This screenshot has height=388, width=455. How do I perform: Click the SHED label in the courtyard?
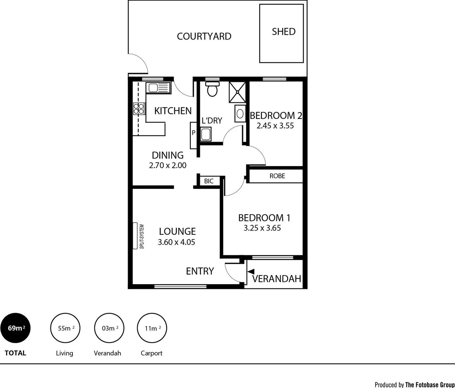283,32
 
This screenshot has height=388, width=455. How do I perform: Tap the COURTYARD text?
204,36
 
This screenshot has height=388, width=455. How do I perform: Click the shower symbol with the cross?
238,92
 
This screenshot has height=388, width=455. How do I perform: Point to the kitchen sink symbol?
157,88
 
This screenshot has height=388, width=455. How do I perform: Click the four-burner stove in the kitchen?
139,108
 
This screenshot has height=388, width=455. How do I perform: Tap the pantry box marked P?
193,133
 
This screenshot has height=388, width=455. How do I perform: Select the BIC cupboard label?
209,181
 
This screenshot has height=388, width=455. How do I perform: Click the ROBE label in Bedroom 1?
277,176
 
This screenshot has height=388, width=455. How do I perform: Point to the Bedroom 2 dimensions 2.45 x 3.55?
275,126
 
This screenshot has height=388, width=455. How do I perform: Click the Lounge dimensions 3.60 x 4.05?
176,242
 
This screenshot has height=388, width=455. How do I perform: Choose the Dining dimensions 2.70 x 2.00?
168,166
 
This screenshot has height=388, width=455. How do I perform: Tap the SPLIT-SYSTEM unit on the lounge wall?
135,236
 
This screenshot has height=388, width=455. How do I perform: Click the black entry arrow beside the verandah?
251,272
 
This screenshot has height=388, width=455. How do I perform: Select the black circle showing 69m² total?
15,328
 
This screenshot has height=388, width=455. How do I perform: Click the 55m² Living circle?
65,328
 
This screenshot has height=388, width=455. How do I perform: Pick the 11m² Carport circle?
152,328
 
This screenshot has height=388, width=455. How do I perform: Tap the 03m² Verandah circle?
109,328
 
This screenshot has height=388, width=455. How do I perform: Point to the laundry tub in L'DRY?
206,135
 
